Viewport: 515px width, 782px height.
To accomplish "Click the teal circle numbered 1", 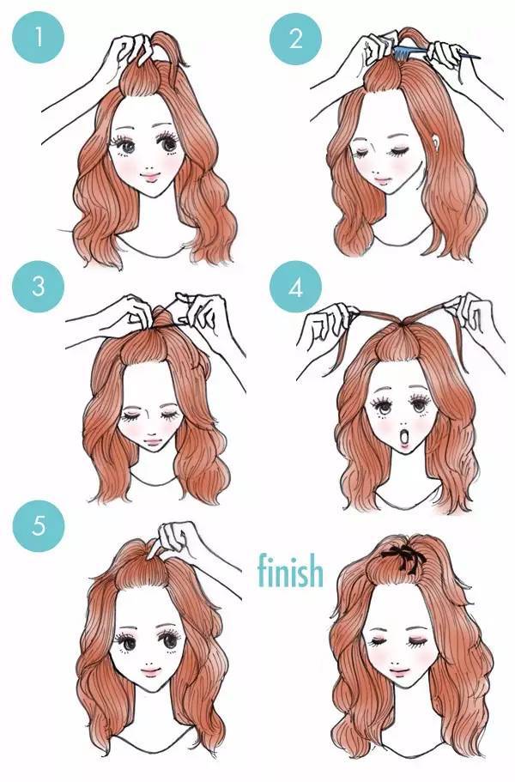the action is pos(39,37).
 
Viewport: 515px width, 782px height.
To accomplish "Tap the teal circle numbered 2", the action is pos(295,39).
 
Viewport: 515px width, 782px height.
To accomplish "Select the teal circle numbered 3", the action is pos(39,287).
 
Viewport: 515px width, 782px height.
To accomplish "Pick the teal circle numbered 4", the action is pos(295,287).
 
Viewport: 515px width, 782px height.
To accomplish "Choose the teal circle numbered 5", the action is pos(39,525).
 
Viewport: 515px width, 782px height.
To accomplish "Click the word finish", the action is pos(290,570).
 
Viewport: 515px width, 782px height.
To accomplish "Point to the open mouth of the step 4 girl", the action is pos(405,439).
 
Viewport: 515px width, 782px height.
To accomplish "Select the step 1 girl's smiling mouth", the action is pos(149,176).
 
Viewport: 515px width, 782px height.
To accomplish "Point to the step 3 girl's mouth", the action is pos(152,441).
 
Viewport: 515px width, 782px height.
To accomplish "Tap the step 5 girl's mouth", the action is pos(150,671).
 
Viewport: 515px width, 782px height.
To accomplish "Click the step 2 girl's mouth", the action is pos(381,180).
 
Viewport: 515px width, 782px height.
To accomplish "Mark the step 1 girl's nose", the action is pos(149,161).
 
